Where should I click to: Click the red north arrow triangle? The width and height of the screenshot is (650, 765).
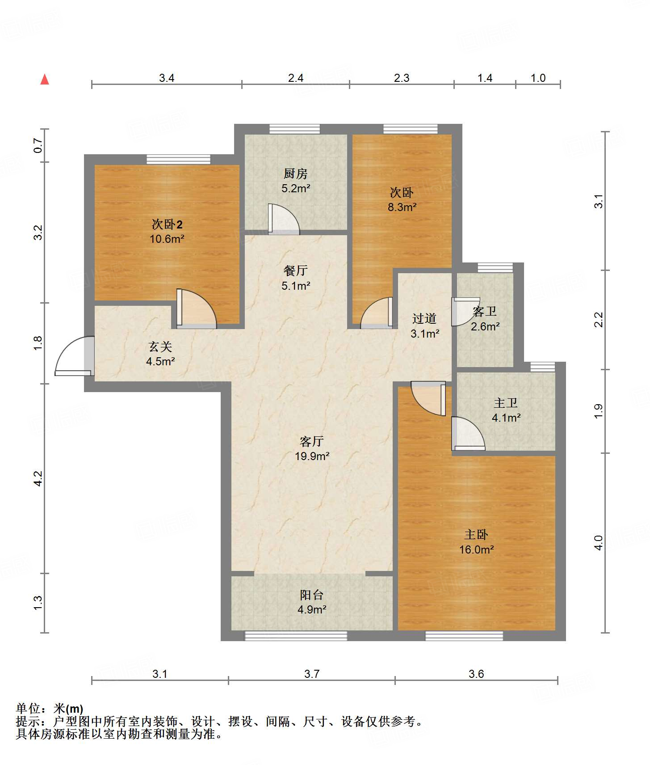pos(45,79)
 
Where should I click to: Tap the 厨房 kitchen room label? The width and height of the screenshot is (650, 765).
pos(295,173)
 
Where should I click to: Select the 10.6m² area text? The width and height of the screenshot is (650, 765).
pos(167,239)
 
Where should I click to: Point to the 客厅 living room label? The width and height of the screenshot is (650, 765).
pos(312,442)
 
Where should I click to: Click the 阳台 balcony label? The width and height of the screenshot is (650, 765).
pos(312,595)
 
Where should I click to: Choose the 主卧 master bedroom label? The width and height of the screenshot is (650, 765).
pos(476,535)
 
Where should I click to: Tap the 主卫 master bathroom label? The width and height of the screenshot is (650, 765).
pos(506,403)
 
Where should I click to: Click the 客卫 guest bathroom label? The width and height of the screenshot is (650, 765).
pos(485,311)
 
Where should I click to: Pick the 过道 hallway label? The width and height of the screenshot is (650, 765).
pos(424,318)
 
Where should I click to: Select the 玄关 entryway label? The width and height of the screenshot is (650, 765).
pos(160,347)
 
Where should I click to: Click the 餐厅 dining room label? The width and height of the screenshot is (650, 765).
pos(295,270)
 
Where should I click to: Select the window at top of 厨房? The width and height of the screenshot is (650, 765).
pos(295,129)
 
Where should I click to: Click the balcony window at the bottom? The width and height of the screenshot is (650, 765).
pos(296,636)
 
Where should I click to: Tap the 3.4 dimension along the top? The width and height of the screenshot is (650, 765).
pos(167,78)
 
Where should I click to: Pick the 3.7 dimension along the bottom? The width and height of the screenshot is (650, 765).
pos(312,674)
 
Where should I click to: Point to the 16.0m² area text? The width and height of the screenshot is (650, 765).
pos(477,549)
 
